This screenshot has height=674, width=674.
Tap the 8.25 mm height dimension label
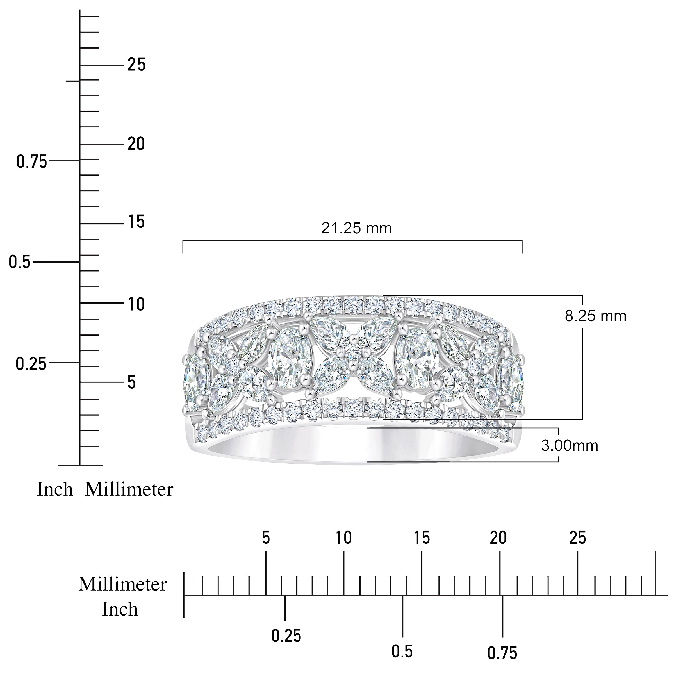pyautogui.click(x=595, y=316)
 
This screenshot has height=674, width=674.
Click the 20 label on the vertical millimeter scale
pyautogui.click(x=136, y=144)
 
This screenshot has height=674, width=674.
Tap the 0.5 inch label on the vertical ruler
pyautogui.click(x=20, y=262)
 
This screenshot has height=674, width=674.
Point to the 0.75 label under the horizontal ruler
pyautogui.click(x=502, y=653)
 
